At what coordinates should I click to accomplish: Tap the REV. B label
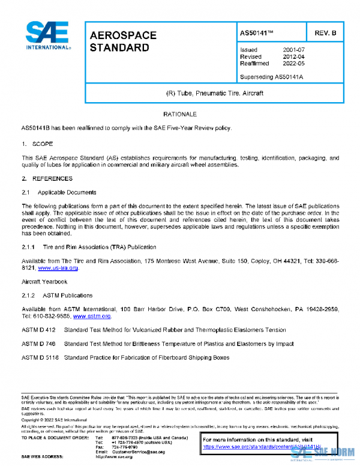[x=325, y=32]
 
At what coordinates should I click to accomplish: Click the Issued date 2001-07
[x=295, y=50]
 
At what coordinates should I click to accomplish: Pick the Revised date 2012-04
[x=295, y=56]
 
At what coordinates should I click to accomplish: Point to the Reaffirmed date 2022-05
[x=295, y=63]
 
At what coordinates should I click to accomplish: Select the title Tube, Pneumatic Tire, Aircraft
[x=214, y=94]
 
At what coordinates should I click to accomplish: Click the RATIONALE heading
[x=180, y=113]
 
